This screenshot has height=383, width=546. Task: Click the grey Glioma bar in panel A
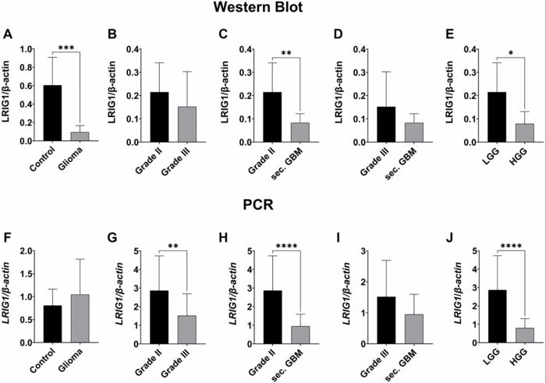point(80,136)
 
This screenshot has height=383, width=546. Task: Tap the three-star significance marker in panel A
point(66,48)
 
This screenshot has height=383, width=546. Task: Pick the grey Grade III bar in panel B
point(186,124)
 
